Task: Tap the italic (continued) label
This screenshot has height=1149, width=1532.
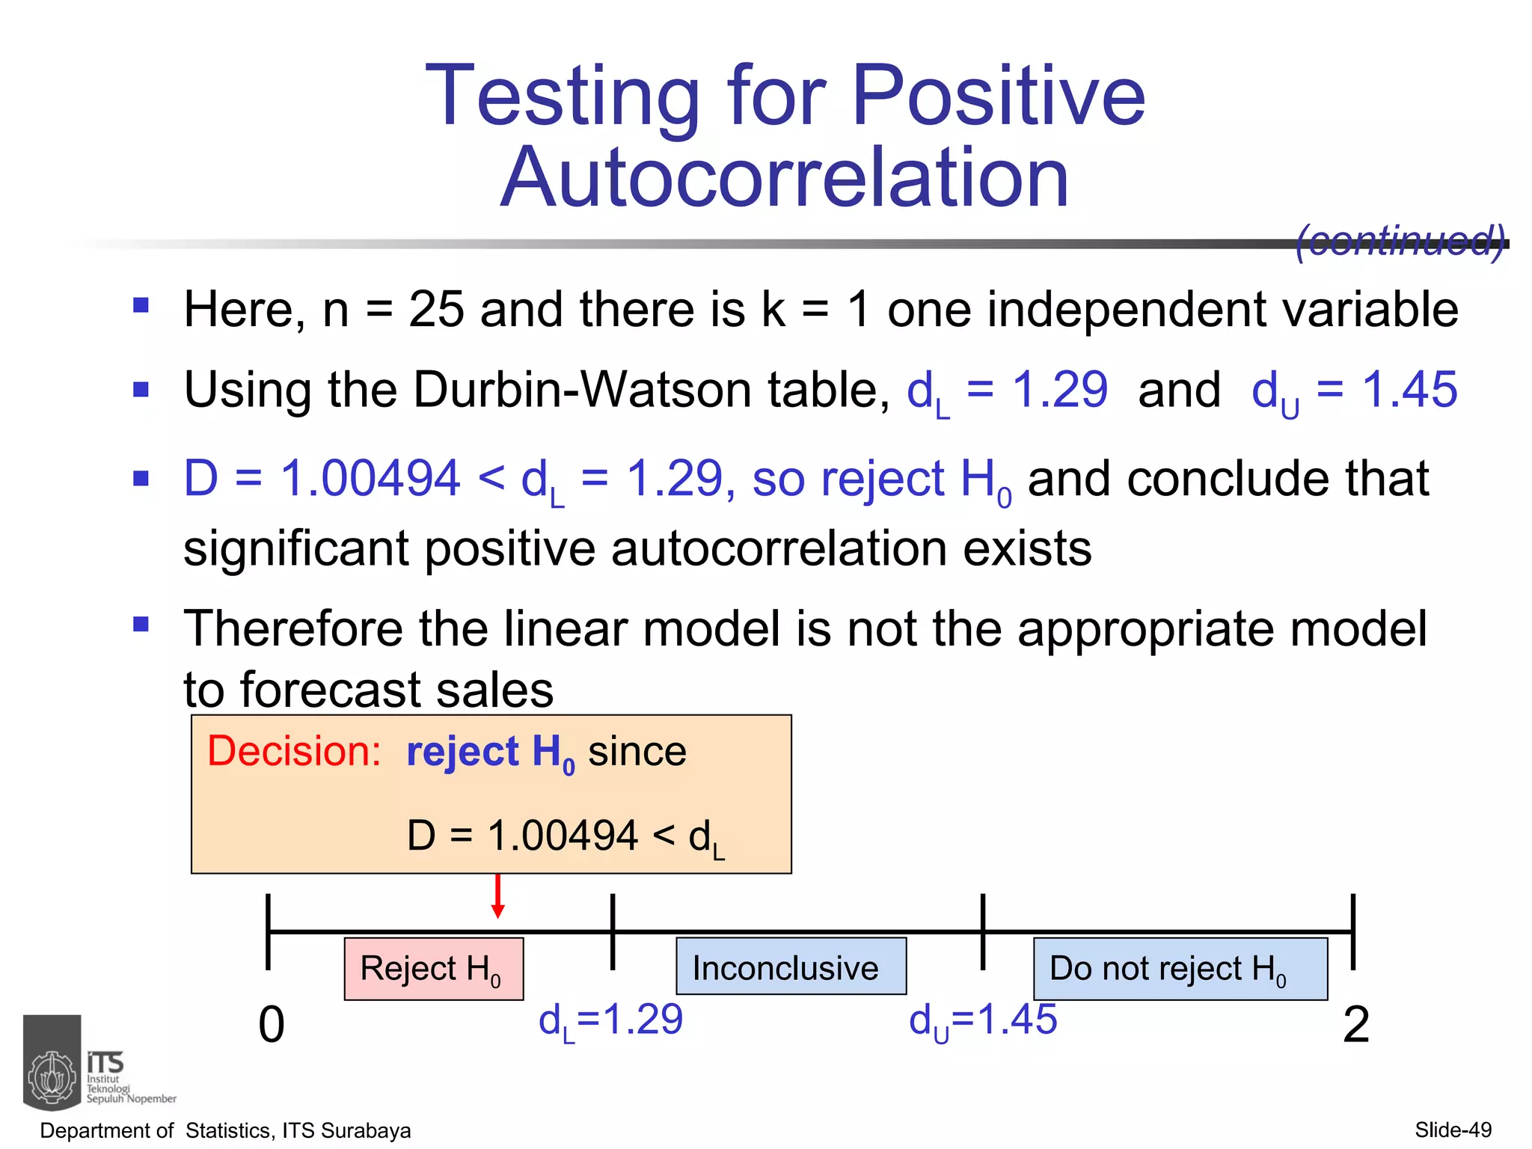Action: pos(1400,241)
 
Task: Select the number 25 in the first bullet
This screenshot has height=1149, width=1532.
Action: pos(435,310)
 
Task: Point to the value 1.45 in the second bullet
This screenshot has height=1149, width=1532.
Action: pos(1409,390)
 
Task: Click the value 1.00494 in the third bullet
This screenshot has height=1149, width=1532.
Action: pos(370,479)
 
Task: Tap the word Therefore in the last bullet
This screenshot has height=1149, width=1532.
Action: pos(292,628)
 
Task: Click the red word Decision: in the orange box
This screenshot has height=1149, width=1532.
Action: pos(294,751)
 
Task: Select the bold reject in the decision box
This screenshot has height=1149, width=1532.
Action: pos(462,751)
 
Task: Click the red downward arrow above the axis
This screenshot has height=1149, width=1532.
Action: pos(497,897)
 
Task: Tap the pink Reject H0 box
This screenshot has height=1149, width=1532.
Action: pos(433,969)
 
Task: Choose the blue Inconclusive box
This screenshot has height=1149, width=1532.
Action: pos(791,967)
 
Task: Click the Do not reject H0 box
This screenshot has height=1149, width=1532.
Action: pos(1180,969)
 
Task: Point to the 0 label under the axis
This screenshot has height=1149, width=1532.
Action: pos(272,1024)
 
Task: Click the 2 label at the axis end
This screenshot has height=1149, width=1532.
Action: pos(1355,1024)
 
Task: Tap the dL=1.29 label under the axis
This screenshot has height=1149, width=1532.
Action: pos(610,1020)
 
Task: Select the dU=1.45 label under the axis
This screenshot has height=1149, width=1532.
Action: pos(982,1020)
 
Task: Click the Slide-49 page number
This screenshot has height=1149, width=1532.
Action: pos(1453,1130)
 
